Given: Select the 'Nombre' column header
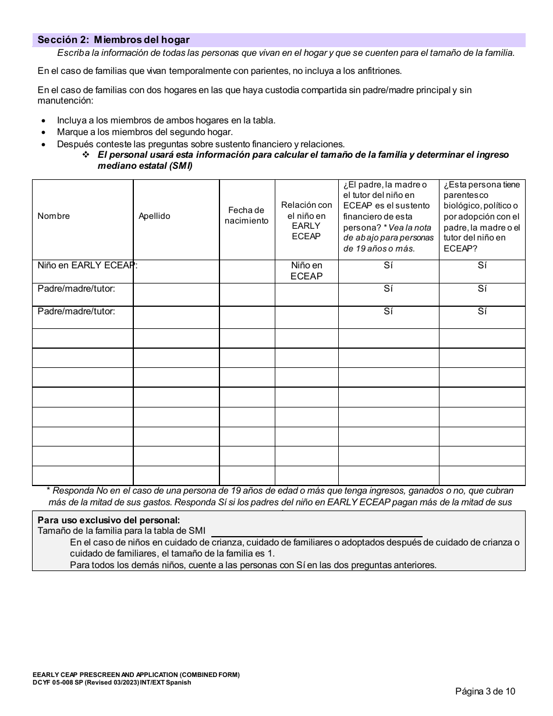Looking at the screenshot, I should point(54,216).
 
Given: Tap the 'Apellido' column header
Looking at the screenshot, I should point(154,216).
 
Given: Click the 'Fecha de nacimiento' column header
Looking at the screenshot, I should point(246,215).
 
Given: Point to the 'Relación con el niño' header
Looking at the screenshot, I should point(306,221).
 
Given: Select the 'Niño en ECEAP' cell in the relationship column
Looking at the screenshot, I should point(306,271).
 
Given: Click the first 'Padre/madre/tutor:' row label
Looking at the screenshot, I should point(76,289).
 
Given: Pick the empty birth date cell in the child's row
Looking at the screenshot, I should point(247,271).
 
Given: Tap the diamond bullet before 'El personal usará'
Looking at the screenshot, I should point(86,155).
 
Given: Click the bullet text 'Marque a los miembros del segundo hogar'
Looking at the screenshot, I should point(144,132).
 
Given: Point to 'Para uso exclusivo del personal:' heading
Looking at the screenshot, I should point(109,520).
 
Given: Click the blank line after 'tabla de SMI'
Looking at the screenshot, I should point(317,531).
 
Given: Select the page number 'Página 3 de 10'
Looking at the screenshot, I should point(485,692).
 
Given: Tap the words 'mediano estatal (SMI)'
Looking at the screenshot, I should point(144,166).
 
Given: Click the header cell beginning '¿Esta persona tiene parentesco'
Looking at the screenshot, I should point(481,216).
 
